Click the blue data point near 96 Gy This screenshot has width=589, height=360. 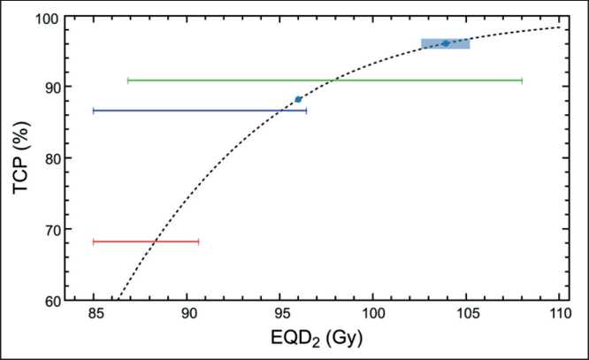pyautogui.click(x=298, y=99)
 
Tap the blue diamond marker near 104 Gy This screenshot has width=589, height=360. pyautogui.click(x=446, y=43)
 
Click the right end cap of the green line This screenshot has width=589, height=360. pyautogui.click(x=522, y=80)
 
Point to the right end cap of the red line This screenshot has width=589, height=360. pyautogui.click(x=198, y=241)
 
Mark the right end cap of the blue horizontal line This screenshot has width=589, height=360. pyautogui.click(x=306, y=111)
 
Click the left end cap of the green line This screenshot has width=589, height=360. pyautogui.click(x=128, y=80)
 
